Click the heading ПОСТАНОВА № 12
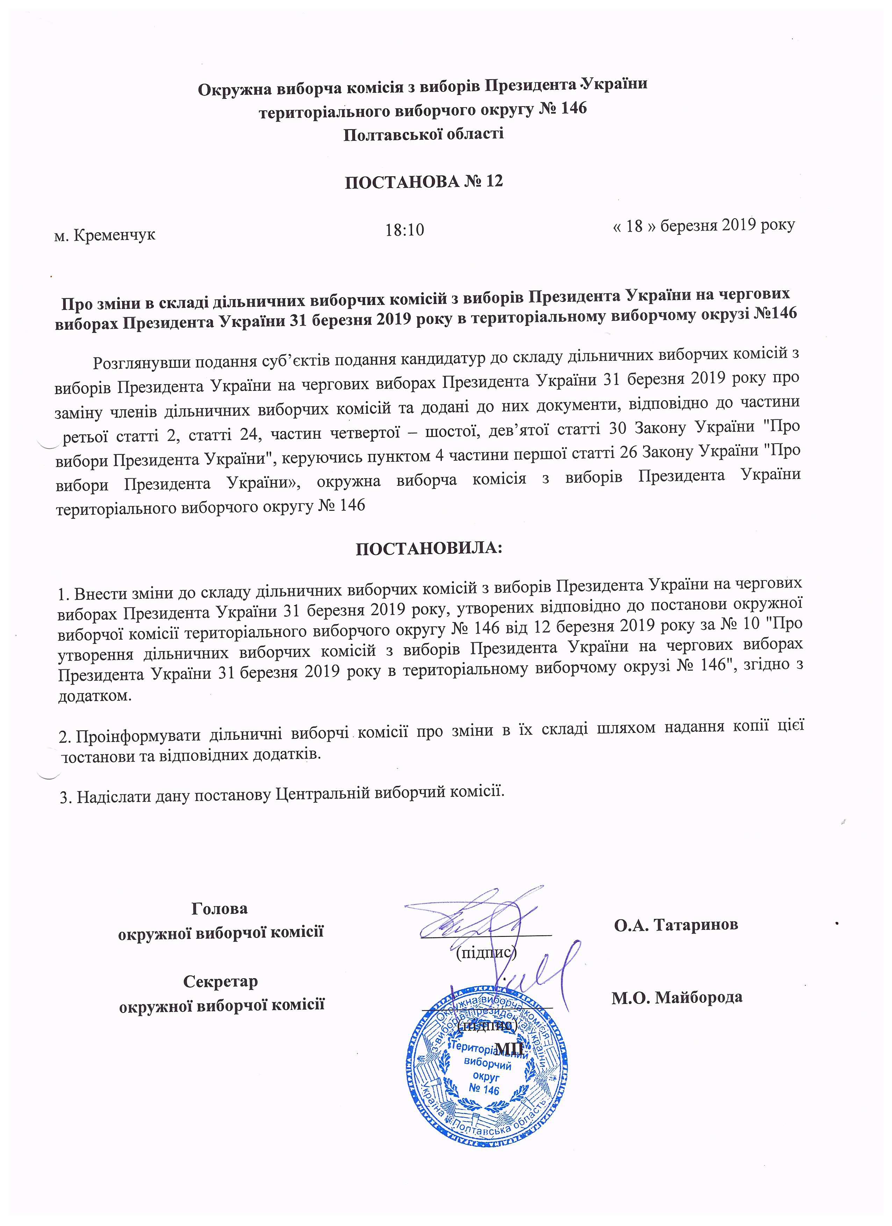click(424, 181)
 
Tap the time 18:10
click(405, 230)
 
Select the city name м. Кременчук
click(105, 235)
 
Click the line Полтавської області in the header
click(424, 133)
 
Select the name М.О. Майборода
click(677, 997)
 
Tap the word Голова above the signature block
click(220, 908)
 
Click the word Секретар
click(220, 981)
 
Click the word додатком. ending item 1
click(95, 696)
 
